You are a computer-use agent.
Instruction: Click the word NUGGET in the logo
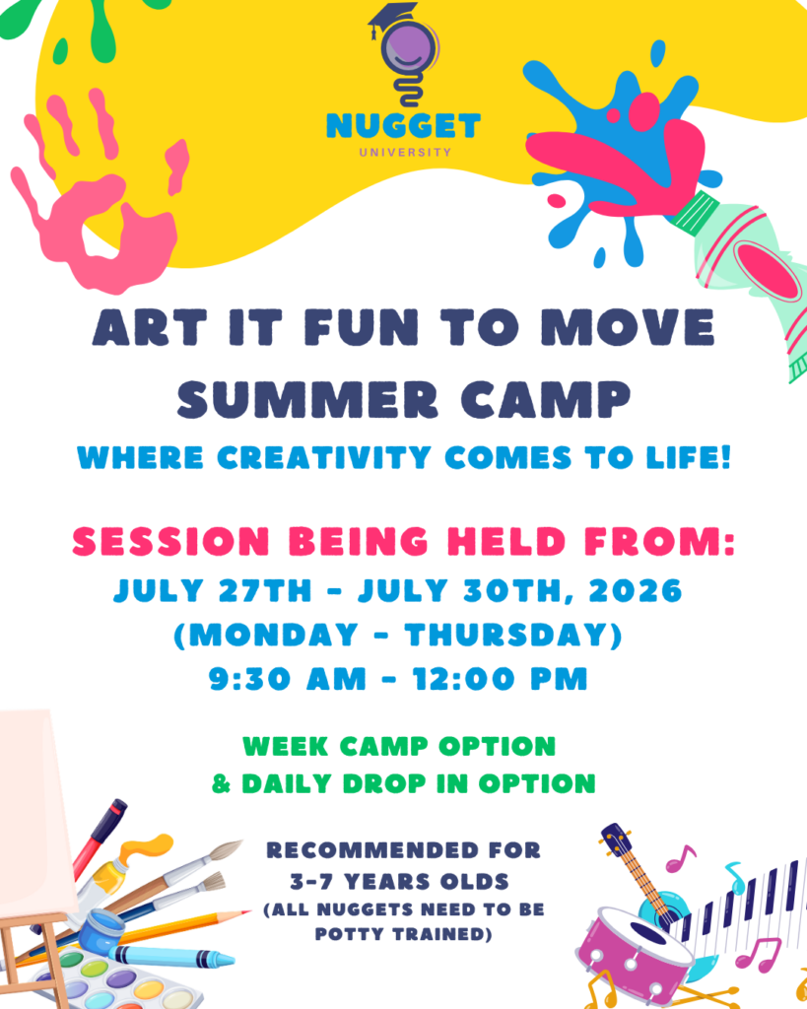tap(404, 126)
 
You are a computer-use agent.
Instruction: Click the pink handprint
tap(97, 193)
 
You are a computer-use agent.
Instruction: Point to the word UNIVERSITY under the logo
tap(405, 153)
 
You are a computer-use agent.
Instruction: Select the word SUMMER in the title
tap(307, 400)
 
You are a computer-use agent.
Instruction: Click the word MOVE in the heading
tap(628, 327)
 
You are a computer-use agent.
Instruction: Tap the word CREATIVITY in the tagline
tap(324, 458)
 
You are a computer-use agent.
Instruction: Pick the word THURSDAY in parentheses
tap(505, 636)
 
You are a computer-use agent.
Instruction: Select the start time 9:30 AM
tap(287, 679)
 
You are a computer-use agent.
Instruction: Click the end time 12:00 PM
tap(500, 679)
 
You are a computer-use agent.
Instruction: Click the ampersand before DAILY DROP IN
tap(222, 783)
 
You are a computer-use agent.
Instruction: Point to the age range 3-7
tap(311, 882)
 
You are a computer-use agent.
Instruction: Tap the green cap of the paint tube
tap(694, 214)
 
